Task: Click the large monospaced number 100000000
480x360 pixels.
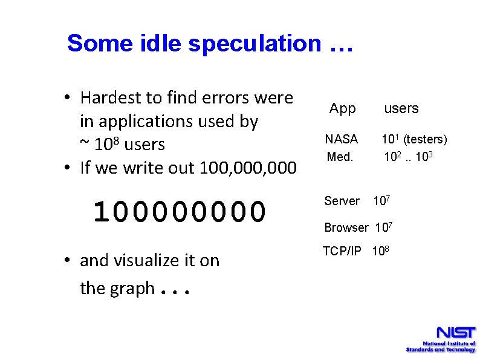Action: (180, 211)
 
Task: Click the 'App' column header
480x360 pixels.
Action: (342, 109)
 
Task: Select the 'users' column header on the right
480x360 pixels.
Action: (401, 109)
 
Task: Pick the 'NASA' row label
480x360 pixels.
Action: (342, 139)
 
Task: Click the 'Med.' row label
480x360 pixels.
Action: (340, 157)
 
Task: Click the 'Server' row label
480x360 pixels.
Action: (342, 201)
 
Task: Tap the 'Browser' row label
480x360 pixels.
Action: (346, 227)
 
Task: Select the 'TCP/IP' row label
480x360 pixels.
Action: (342, 251)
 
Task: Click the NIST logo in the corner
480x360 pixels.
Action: (441, 339)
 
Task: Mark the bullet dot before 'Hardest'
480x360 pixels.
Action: (70, 98)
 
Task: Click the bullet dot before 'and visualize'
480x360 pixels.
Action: (70, 261)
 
